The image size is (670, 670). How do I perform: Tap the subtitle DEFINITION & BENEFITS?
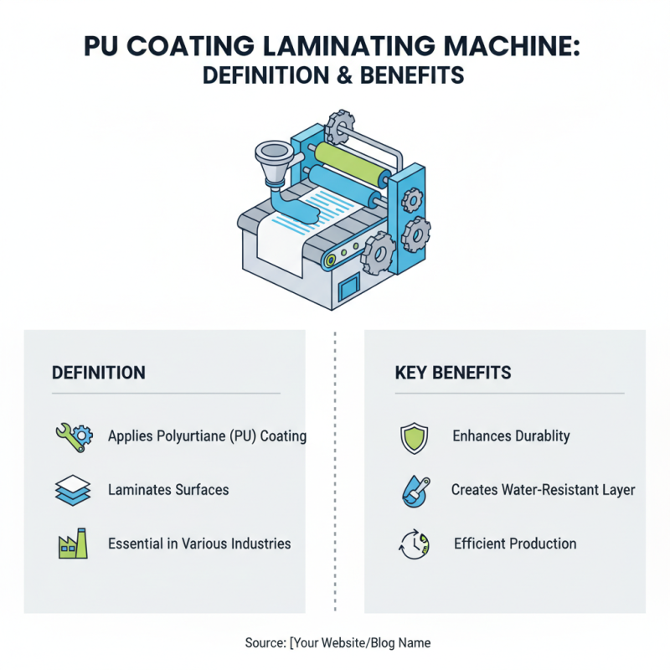pyautogui.click(x=334, y=75)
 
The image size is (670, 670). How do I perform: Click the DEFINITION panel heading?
pyautogui.click(x=98, y=373)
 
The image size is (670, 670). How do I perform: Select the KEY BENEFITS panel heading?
pyautogui.click(x=453, y=373)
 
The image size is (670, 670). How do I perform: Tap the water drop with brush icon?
pyautogui.click(x=415, y=491)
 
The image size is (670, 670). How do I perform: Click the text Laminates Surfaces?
pyautogui.click(x=168, y=490)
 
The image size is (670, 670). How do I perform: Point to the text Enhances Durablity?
pyautogui.click(x=511, y=436)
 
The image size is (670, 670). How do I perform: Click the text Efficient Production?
pyautogui.click(x=515, y=544)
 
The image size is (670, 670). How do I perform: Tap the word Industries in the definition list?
pyautogui.click(x=255, y=544)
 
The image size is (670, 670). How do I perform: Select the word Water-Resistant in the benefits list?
pyautogui.click(x=543, y=490)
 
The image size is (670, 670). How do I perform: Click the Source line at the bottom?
pyautogui.click(x=338, y=642)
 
